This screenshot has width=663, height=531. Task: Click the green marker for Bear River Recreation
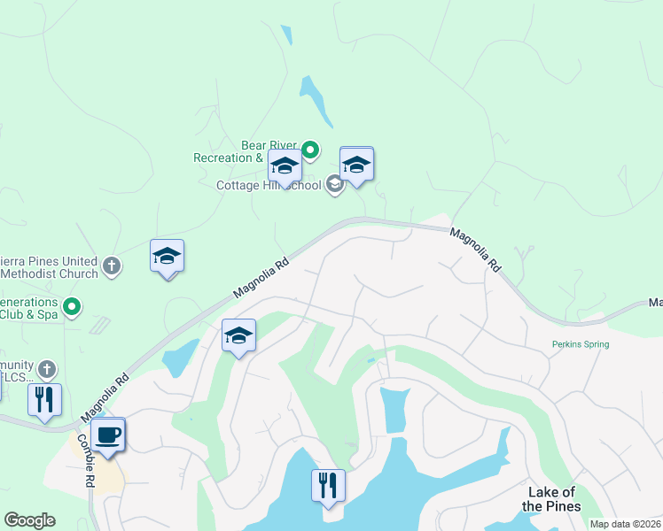click(310, 150)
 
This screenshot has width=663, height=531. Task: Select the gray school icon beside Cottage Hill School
click(334, 184)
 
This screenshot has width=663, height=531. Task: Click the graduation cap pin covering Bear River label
click(285, 167)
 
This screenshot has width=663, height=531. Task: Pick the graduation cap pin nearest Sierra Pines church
click(167, 258)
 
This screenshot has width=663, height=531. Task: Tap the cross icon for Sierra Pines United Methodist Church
click(112, 265)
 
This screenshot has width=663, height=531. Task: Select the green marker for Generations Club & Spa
click(73, 307)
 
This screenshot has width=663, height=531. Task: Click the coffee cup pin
click(108, 436)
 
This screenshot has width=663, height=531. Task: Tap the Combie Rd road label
click(84, 460)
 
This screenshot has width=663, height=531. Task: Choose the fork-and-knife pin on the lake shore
click(328, 486)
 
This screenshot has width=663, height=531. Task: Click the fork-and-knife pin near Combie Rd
click(45, 399)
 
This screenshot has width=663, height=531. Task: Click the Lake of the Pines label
click(550, 499)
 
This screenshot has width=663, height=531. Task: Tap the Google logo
click(29, 520)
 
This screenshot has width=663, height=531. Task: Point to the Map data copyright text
click(625, 524)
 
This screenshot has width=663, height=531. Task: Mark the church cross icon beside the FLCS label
click(47, 368)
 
